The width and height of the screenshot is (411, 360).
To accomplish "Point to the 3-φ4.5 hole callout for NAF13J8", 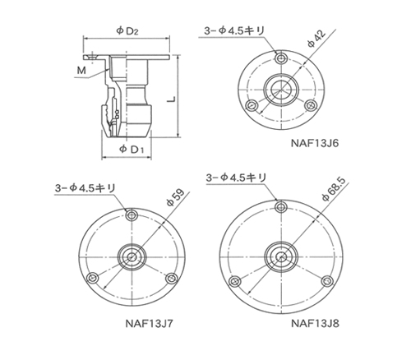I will (x=236, y=177).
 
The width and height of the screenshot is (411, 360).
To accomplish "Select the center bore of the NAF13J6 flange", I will (x=279, y=90).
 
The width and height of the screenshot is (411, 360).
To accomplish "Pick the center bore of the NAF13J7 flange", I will (x=132, y=256).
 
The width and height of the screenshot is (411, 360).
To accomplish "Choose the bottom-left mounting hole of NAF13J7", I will (x=94, y=278).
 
